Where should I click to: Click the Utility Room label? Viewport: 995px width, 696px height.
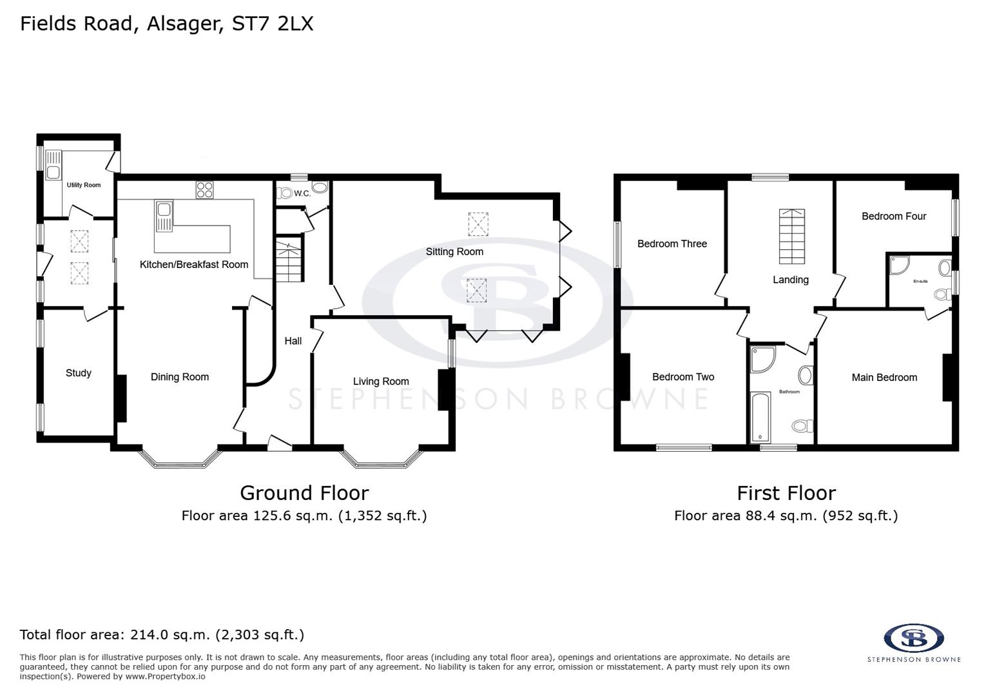click(84, 185)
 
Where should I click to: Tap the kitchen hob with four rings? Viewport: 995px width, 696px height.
click(205, 189)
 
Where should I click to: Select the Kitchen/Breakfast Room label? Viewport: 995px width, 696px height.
click(194, 264)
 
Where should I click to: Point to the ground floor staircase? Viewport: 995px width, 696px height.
click(289, 260)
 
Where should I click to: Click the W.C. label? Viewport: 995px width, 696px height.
click(302, 193)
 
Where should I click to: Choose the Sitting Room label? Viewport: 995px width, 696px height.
click(454, 252)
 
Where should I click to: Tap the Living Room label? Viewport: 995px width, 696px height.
click(381, 382)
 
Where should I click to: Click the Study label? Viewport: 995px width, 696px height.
click(79, 373)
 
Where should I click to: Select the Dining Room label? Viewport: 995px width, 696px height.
click(180, 377)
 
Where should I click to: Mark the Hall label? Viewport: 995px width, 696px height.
click(293, 341)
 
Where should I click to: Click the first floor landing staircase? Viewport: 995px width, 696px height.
click(791, 237)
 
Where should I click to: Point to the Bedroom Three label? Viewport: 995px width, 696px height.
click(672, 244)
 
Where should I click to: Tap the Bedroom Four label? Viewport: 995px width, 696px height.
click(894, 216)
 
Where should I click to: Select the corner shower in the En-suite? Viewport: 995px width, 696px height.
click(898, 265)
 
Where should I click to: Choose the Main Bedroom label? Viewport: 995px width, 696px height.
click(884, 378)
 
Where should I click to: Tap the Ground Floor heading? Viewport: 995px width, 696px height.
click(304, 493)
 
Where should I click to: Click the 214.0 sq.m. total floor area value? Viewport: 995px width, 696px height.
click(170, 635)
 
